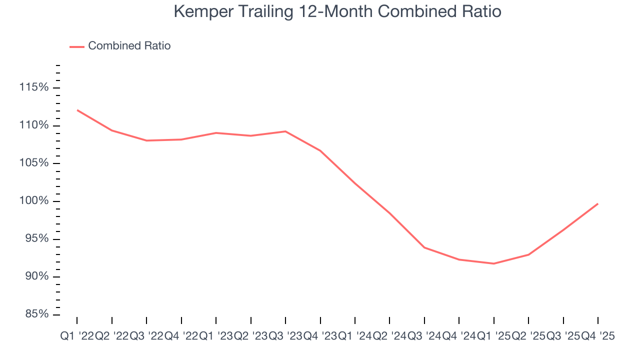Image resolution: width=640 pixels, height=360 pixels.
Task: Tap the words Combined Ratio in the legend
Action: click(x=129, y=46)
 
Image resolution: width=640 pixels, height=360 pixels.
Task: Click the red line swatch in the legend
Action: click(x=76, y=46)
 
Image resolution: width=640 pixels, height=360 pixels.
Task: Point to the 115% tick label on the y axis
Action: click(x=34, y=87)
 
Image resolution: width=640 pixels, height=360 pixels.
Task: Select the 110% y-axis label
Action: click(x=34, y=125)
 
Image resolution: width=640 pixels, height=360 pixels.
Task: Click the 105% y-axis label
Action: click(x=34, y=163)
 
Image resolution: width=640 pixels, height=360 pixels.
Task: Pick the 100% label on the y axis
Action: click(x=34, y=201)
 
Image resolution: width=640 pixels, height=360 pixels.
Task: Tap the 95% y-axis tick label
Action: click(x=36, y=239)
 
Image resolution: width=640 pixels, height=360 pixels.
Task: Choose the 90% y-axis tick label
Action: click(x=36, y=277)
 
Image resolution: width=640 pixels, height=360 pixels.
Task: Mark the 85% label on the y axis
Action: click(x=36, y=314)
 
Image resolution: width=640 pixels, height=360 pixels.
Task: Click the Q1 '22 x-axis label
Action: click(x=77, y=336)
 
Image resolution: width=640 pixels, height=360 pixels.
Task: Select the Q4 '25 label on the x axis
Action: click(x=597, y=336)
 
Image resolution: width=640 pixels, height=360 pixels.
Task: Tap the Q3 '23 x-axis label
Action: click(x=285, y=336)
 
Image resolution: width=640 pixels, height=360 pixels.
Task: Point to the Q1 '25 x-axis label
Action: click(x=493, y=336)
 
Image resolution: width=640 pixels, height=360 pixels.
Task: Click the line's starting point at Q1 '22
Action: click(x=77, y=110)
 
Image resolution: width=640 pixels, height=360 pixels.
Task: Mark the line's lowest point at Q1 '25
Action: click(x=494, y=263)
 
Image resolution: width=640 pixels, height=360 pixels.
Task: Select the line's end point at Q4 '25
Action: click(x=597, y=203)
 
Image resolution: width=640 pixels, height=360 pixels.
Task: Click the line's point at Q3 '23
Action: click(x=285, y=131)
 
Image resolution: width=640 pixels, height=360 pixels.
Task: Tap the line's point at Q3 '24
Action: click(x=424, y=247)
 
